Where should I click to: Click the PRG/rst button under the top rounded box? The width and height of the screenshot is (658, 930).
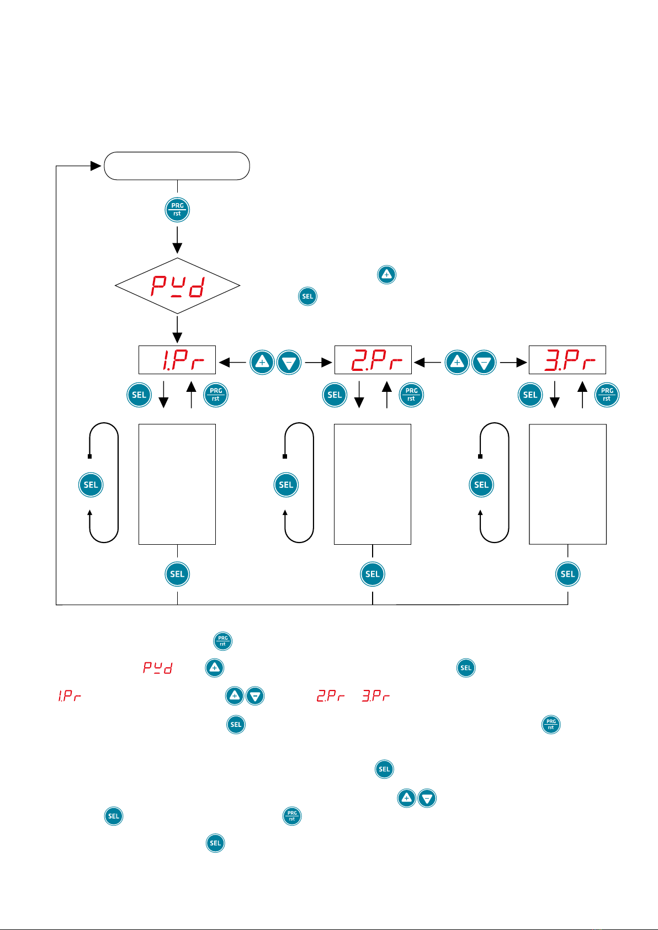[177, 210]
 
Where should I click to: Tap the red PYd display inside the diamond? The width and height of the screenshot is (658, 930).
[178, 286]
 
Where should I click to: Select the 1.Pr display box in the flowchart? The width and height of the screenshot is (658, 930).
[177, 360]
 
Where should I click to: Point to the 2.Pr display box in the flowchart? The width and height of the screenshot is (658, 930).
[373, 360]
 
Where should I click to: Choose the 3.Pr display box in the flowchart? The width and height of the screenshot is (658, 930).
[567, 360]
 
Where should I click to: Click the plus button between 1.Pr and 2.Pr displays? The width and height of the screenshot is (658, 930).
[262, 363]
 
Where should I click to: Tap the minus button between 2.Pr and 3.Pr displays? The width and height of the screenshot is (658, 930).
[484, 363]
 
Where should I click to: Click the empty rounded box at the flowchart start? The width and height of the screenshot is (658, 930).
[177, 166]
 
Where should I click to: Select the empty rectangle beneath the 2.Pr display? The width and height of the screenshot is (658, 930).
[373, 484]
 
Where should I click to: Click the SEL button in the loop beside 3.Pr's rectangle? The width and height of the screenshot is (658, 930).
[481, 485]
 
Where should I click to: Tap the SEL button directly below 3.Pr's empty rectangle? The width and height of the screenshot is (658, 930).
[568, 574]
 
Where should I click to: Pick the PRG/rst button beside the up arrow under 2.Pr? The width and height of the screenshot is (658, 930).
[411, 395]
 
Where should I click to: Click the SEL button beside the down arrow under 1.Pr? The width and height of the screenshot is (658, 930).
[139, 395]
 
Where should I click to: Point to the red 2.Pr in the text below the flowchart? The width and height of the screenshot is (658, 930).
[331, 696]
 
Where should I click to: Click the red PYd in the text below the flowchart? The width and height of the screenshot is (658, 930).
[158, 668]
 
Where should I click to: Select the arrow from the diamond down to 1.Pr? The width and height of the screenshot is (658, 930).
[177, 330]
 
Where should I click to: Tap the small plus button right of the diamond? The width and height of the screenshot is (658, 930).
[386, 274]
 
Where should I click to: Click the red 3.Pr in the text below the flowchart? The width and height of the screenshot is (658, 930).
[376, 696]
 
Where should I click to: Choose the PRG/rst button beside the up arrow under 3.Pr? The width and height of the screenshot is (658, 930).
[607, 395]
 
